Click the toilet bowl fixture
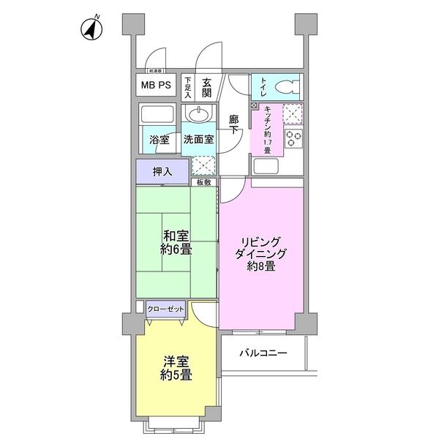(x=290, y=87)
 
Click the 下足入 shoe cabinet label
(x=187, y=87)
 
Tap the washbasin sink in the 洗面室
(x=198, y=114)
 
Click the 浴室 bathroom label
(x=159, y=140)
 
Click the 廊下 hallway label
(x=233, y=124)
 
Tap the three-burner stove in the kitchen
(x=294, y=138)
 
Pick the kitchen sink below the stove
(x=265, y=165)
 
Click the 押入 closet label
(x=162, y=172)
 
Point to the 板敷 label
(x=203, y=181)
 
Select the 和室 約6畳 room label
(x=176, y=243)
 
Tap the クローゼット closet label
(x=165, y=308)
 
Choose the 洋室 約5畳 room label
(x=176, y=368)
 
